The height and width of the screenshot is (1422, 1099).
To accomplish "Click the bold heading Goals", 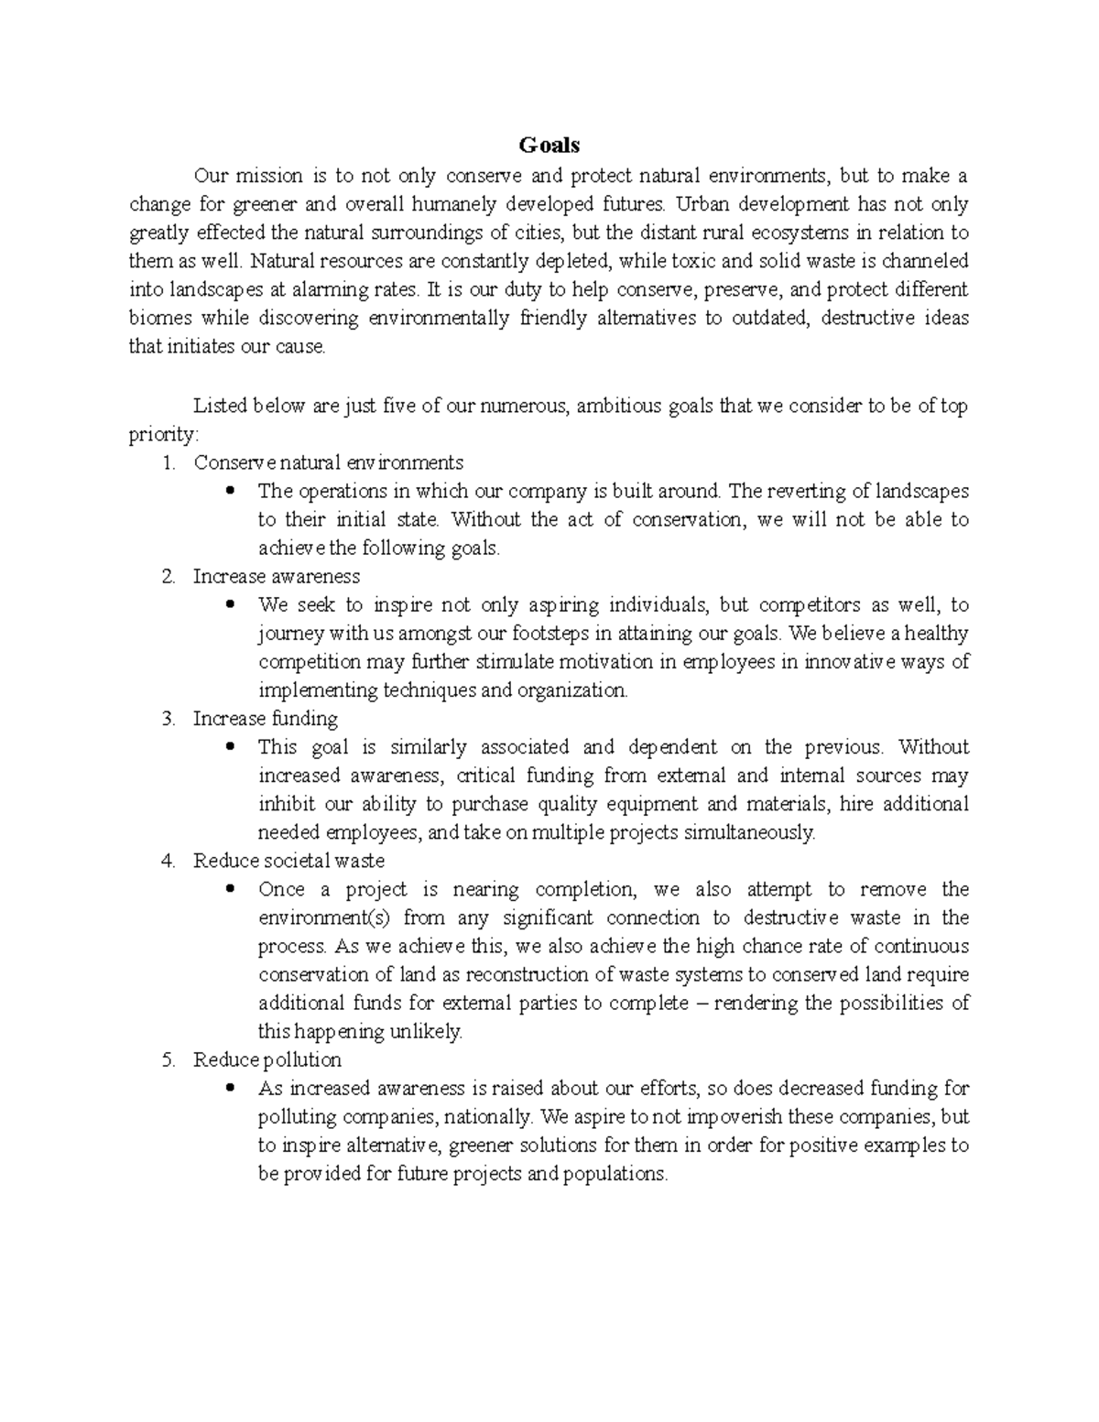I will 549,146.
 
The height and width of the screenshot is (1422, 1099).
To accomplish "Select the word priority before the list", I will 161,434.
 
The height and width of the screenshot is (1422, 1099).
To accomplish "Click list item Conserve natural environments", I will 328,462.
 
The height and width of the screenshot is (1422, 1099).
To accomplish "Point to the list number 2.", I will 167,577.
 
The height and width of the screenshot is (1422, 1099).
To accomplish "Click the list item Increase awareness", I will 276,577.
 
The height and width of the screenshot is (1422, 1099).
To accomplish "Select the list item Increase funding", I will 265,719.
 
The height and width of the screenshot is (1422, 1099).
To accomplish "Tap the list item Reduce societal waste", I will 288,861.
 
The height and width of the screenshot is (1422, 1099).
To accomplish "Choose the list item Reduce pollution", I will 267,1060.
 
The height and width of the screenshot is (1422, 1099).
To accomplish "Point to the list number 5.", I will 167,1060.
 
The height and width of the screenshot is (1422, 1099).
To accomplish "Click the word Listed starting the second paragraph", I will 220,406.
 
